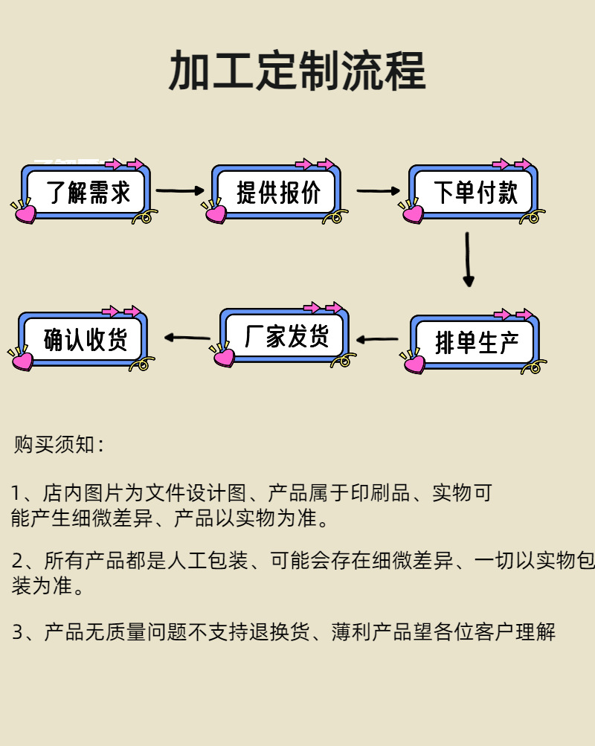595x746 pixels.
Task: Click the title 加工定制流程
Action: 297,72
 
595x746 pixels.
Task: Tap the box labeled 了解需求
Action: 88,193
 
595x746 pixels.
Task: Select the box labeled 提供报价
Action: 277,193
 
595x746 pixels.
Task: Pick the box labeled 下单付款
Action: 475,193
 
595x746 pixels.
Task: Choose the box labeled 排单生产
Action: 476,343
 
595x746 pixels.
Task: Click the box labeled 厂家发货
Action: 286,337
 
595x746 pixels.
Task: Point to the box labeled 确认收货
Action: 85,340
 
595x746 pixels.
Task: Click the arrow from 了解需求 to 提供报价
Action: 180,191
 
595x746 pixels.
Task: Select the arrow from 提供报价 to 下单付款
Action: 378,191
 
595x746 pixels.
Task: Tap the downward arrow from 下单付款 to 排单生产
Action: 468,259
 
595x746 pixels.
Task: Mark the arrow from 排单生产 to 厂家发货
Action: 377,340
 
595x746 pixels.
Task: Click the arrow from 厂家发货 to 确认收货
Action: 187,338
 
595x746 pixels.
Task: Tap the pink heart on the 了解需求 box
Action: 25,214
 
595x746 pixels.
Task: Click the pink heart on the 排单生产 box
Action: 414,364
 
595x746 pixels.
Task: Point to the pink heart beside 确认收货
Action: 22,361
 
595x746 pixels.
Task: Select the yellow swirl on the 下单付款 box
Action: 531,217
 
